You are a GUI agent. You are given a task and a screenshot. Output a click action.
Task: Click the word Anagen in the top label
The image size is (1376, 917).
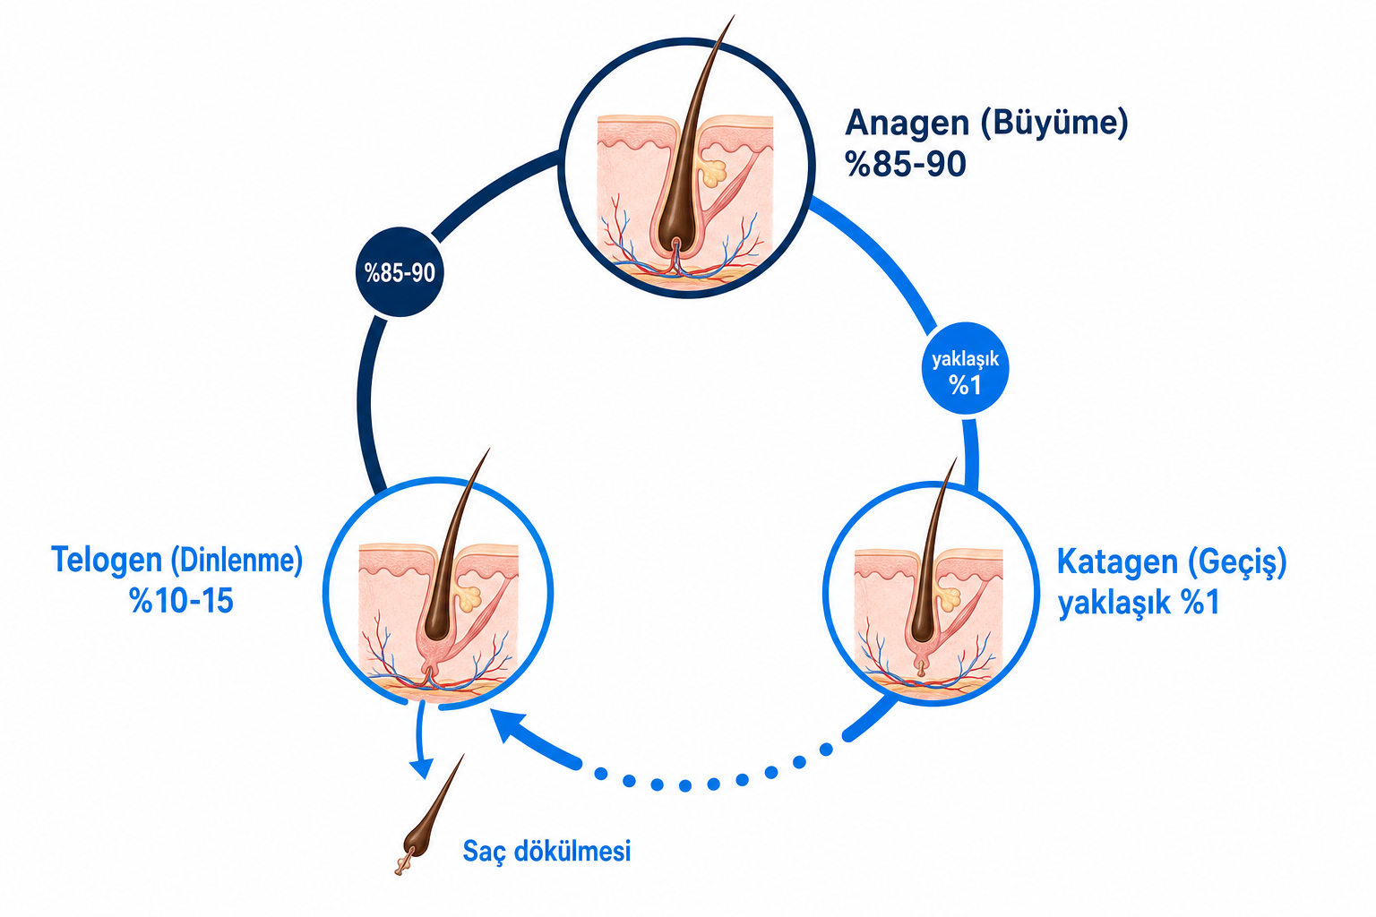pos(907,123)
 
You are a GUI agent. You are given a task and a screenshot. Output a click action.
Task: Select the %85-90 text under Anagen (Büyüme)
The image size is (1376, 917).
pos(906,165)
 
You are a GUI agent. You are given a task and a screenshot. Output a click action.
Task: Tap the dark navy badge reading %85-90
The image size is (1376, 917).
pos(400,272)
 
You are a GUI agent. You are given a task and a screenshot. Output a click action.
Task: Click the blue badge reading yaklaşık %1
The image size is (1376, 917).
pos(965,369)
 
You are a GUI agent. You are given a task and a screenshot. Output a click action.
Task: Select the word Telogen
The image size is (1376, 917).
pos(107,561)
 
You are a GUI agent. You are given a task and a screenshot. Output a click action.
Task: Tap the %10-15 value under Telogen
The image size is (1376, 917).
pos(182,601)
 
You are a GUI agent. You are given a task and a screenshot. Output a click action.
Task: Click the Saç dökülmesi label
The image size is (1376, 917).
pos(546,852)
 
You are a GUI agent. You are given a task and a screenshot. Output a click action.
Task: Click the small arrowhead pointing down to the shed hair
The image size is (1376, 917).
pos(422,768)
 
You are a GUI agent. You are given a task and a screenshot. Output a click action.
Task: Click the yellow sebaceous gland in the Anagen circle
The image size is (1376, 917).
pos(713,173)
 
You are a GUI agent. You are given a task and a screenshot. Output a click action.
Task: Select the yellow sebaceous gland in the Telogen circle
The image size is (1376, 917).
pos(470,599)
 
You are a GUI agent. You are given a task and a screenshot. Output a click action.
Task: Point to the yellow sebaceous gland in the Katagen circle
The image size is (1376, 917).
pos(949,597)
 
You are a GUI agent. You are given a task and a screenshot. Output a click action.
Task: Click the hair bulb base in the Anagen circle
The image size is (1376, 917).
pos(675,245)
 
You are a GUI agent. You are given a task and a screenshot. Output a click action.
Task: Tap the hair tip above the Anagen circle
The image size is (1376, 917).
pos(734,16)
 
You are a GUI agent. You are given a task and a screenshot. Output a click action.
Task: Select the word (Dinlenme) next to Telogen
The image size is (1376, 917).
pos(236,561)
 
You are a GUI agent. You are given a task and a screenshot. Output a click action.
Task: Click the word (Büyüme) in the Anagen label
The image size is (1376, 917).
pos(1054,124)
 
